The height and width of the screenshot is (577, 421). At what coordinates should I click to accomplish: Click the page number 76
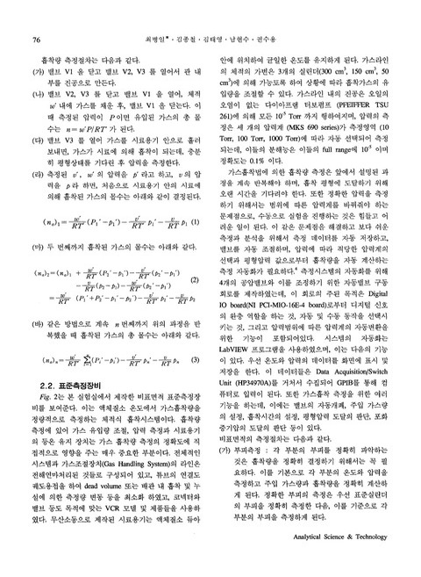[37, 16]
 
